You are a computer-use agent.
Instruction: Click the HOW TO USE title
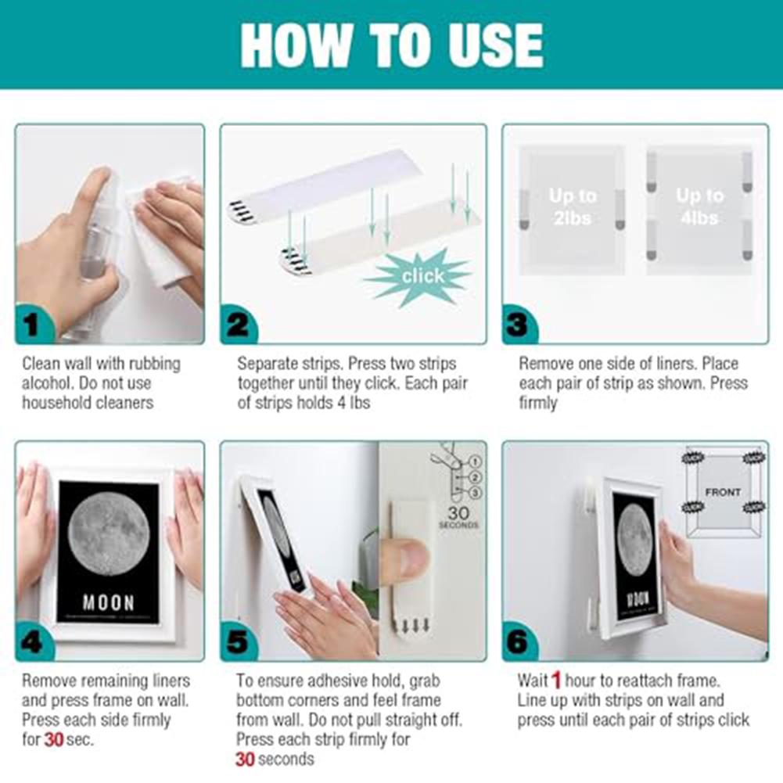[391, 45]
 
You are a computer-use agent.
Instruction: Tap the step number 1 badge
[32, 325]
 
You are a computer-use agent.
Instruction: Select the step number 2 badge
[237, 325]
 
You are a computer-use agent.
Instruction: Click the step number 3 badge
[519, 325]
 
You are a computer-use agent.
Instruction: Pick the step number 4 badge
[32, 642]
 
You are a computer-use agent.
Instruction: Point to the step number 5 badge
[237, 642]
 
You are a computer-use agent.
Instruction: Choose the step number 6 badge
[519, 642]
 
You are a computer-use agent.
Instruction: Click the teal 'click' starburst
[423, 275]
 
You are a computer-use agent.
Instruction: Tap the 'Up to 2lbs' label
[572, 207]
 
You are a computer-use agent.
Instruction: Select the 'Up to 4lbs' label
[699, 207]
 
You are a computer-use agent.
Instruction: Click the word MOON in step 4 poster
[108, 602]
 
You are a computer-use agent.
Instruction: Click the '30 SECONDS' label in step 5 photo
[458, 519]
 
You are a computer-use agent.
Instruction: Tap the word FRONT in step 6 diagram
[722, 493]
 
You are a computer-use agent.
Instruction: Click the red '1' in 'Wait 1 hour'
[556, 680]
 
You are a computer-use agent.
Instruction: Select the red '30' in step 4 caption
[53, 739]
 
